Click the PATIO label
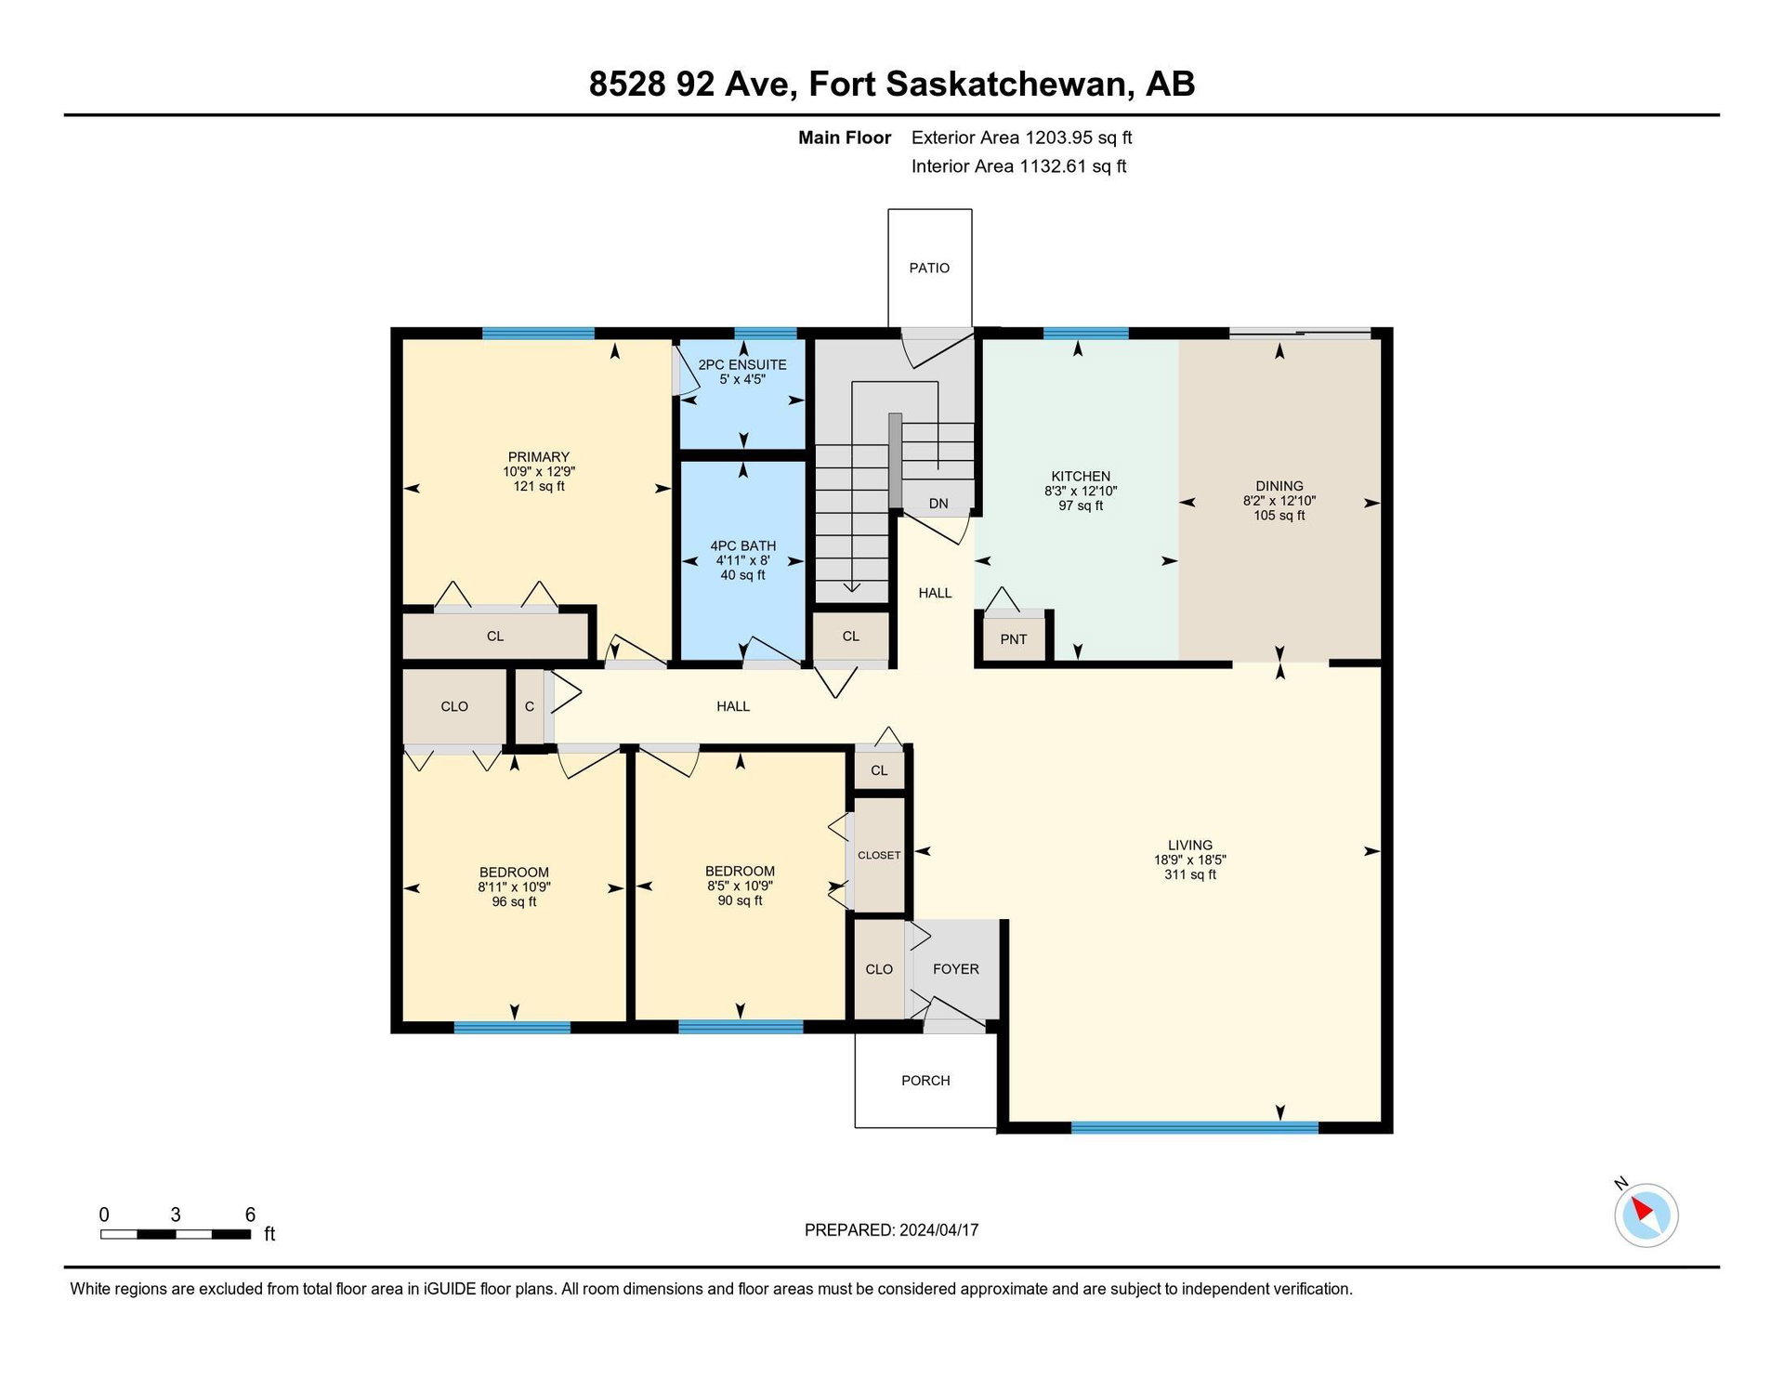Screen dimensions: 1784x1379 (929, 268)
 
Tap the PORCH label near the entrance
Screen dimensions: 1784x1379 (925, 1081)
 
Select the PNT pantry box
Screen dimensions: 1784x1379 (1014, 638)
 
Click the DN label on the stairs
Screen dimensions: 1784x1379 (938, 504)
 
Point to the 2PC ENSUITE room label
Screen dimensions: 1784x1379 (742, 364)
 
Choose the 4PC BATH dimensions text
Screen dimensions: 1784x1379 (742, 560)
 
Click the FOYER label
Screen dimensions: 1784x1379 (956, 969)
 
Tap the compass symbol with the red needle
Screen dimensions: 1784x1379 (1646, 1214)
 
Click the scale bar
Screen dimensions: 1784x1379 (176, 1234)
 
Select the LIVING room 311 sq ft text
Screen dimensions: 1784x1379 (1190, 874)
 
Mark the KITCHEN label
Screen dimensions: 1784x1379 (1081, 476)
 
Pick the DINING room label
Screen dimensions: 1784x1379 (1279, 485)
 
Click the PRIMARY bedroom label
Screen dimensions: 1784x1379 (539, 456)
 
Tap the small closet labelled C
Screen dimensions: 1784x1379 (530, 706)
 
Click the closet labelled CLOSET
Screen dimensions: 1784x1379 (879, 855)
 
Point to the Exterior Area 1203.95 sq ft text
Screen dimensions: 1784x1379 (1021, 138)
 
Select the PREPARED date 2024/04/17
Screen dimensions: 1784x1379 (938, 1229)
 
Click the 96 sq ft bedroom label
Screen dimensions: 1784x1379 (514, 901)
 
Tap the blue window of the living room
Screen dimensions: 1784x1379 (1194, 1127)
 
